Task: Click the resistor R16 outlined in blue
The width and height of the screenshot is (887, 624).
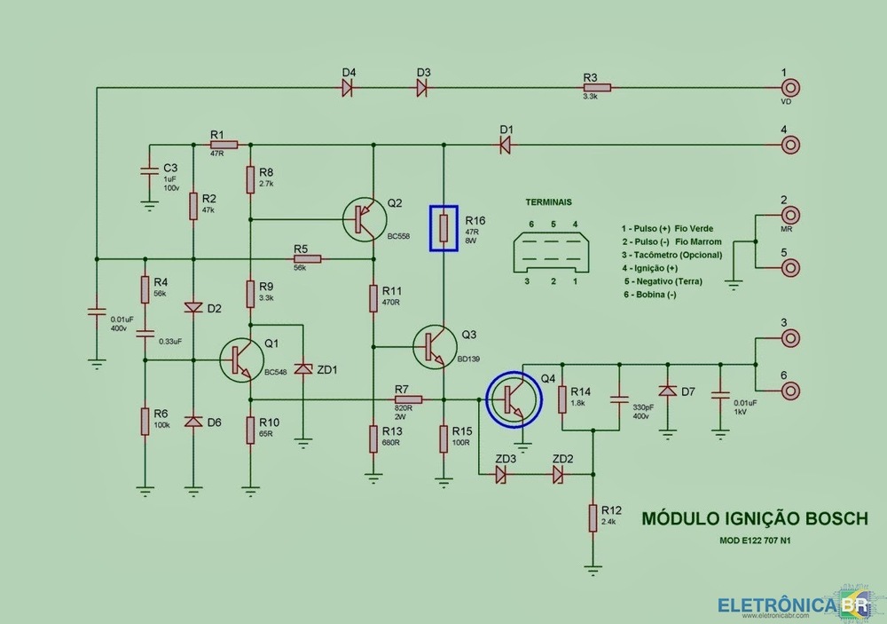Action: click(444, 227)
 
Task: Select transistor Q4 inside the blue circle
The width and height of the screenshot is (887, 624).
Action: click(514, 399)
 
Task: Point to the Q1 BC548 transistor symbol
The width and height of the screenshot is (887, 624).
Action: click(239, 359)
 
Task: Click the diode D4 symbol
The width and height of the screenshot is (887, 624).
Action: click(349, 88)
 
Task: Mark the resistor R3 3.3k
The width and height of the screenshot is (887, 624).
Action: click(596, 88)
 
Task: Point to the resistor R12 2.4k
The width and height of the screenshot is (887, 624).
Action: click(593, 517)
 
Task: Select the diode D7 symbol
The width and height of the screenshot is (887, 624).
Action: click(667, 391)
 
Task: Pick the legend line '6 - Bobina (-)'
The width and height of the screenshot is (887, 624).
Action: click(650, 294)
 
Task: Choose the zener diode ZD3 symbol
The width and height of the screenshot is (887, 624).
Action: click(502, 475)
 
